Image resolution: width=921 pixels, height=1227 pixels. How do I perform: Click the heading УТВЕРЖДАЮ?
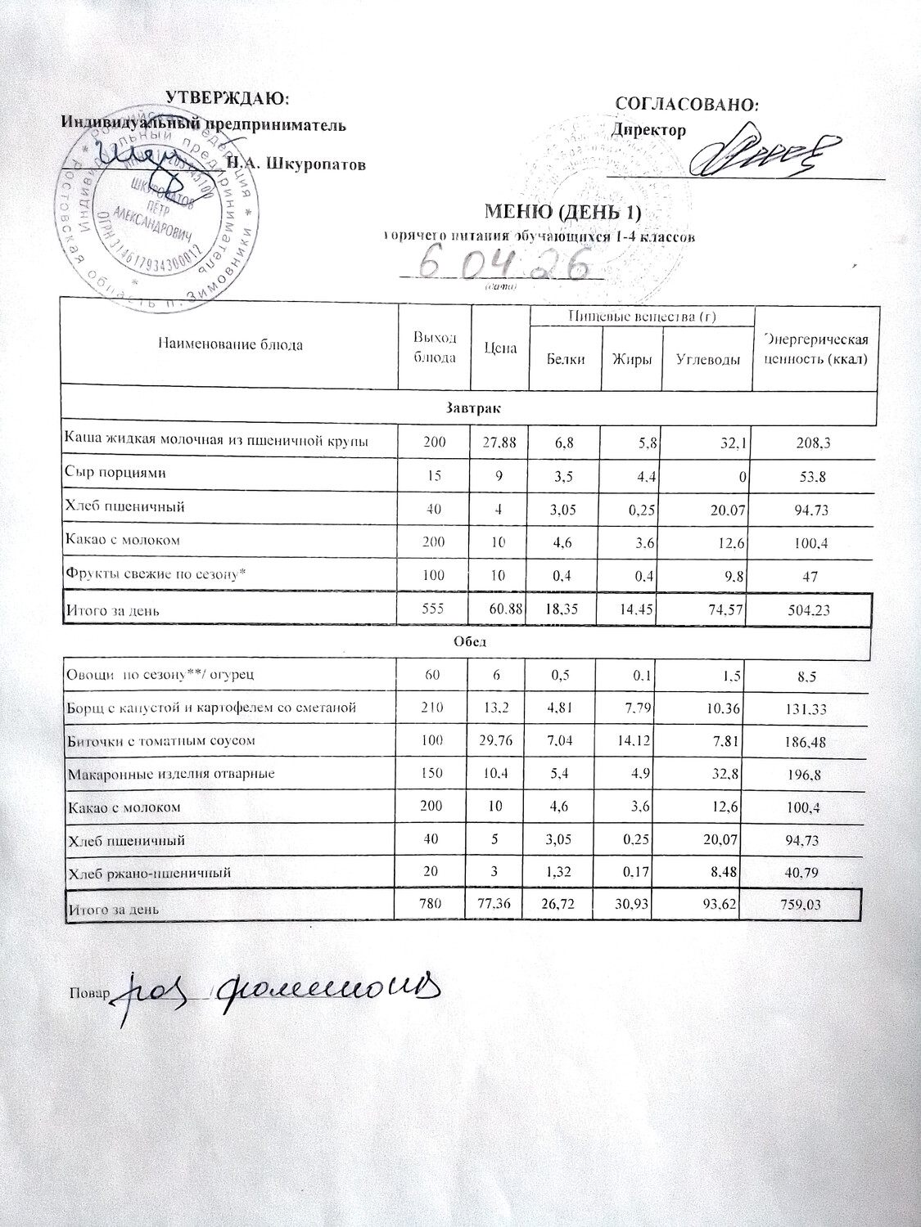(228, 98)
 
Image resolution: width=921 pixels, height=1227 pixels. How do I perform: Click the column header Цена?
(500, 348)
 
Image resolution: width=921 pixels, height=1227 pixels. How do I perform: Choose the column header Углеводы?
(708, 359)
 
